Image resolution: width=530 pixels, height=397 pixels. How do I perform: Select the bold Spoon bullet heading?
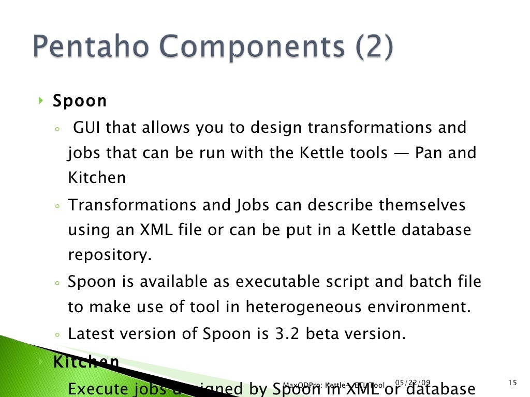(x=80, y=101)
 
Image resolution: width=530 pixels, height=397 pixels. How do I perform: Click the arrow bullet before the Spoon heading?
(x=41, y=99)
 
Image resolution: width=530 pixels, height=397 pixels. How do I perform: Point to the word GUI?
(x=86, y=127)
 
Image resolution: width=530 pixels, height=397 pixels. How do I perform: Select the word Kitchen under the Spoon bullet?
(x=97, y=178)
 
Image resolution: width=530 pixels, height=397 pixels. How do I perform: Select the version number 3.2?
(x=284, y=333)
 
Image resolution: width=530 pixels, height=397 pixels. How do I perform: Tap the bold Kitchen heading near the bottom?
(x=86, y=362)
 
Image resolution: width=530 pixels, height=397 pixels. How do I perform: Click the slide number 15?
(x=512, y=383)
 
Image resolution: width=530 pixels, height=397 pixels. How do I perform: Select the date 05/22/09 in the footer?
(x=413, y=383)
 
